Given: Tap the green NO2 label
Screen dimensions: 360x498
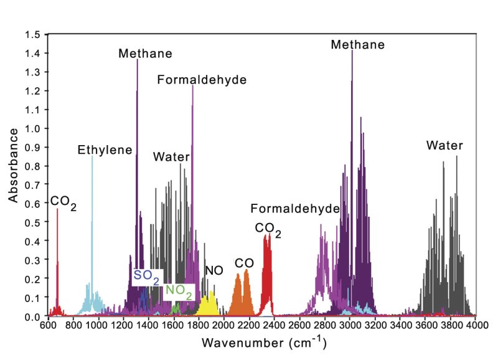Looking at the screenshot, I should pos(179,290).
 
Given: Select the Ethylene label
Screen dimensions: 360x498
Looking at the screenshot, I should pos(105,150).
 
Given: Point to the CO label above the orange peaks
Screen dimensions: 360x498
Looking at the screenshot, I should pos(243,263).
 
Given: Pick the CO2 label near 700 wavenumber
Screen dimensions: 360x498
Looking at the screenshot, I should pos(63,202).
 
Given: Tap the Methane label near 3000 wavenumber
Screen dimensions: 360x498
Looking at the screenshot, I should pos(357,45).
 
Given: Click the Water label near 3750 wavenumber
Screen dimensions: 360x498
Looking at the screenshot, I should pos(444,146).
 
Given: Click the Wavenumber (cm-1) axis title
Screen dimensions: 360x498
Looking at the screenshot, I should pos(263,342).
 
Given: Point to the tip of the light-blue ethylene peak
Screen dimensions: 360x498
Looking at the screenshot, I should pos(92,157).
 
